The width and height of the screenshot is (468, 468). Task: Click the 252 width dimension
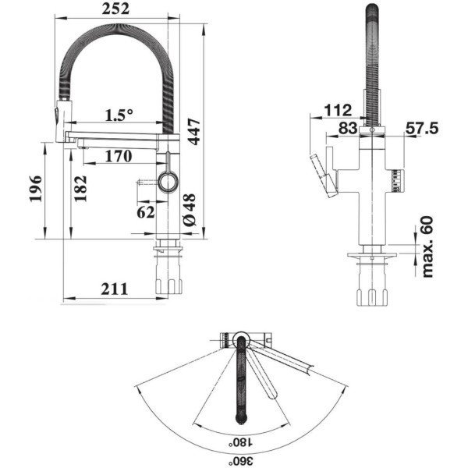[115, 9]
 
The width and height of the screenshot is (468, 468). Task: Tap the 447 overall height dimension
[195, 132]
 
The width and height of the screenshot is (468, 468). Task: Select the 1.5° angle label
[119, 115]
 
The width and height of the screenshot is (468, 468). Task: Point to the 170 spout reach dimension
[119, 156]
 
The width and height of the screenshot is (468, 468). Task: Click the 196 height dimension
[36, 189]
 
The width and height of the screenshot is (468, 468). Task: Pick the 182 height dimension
[80, 189]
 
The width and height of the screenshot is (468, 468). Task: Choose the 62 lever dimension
[146, 212]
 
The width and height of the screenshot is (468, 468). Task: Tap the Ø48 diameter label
[190, 210]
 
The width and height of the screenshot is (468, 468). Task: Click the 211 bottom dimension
[115, 289]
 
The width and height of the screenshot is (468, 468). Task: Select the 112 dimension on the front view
[338, 111]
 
